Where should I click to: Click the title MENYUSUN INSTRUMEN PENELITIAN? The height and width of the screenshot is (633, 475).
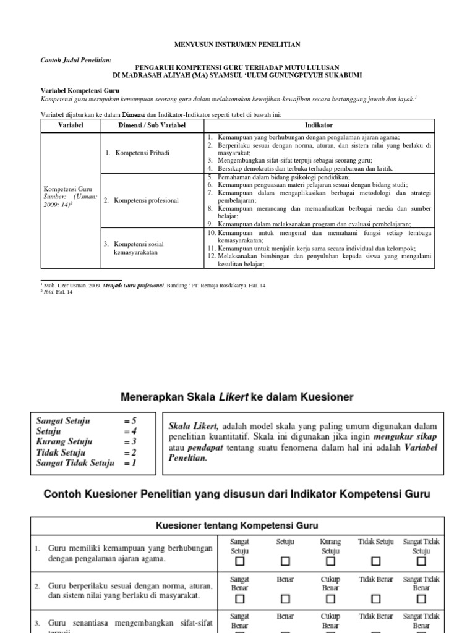click(238, 45)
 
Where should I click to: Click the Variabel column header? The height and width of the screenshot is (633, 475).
click(70, 125)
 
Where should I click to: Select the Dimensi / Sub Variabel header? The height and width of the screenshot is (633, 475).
click(152, 125)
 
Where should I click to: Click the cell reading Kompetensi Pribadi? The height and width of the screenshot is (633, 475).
click(142, 152)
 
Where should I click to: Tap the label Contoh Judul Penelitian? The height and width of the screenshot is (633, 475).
click(76, 60)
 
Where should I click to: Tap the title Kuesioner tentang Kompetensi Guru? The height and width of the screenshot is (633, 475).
click(237, 525)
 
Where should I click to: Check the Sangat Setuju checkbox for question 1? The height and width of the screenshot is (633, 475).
click(239, 562)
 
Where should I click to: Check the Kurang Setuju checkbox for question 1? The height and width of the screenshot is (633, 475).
click(330, 562)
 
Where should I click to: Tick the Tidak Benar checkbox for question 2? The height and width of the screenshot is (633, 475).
click(376, 599)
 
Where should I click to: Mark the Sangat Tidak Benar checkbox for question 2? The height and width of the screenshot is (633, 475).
click(421, 599)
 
